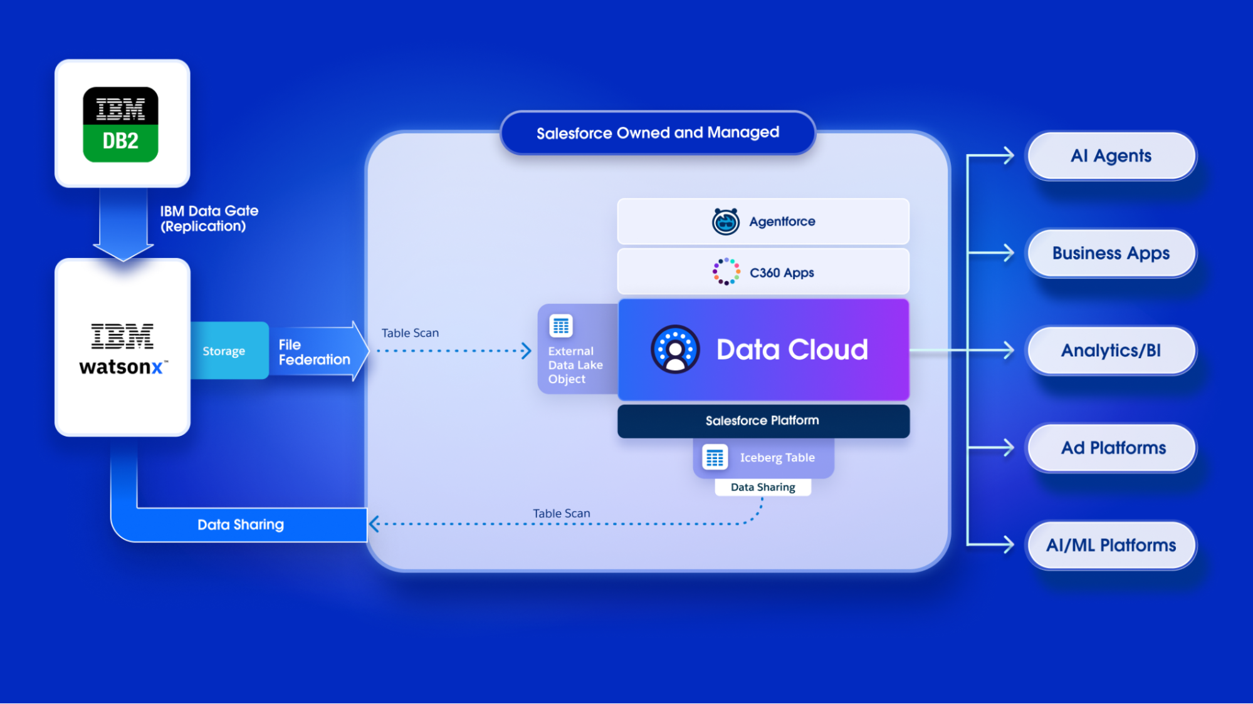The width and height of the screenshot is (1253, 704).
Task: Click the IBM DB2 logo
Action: pos(120,124)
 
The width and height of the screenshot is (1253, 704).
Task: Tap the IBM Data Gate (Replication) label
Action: pos(209,219)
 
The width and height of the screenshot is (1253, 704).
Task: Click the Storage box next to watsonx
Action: pos(224,351)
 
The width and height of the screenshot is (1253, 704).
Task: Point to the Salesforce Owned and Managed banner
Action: pos(658,133)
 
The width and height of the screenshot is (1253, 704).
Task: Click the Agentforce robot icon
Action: pos(725,222)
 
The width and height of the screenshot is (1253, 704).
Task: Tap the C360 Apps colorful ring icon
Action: pos(726,272)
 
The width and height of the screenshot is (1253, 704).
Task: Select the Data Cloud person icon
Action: pos(675,349)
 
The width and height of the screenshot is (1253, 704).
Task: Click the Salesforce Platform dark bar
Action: pos(763,421)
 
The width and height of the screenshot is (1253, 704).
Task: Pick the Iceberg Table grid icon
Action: pos(715,457)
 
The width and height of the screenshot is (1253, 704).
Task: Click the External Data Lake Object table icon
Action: pos(561,326)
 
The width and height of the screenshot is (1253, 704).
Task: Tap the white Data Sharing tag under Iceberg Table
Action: pos(763,487)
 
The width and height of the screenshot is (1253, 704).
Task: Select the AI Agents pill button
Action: pos(1111,156)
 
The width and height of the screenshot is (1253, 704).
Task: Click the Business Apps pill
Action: pos(1111,253)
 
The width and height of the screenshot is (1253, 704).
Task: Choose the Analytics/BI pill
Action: pos(1111,351)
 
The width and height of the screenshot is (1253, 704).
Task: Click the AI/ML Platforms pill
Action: pos(1111,545)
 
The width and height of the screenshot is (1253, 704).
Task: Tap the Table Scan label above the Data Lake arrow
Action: pos(410,333)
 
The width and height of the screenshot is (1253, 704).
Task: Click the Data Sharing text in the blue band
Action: pos(241,525)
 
